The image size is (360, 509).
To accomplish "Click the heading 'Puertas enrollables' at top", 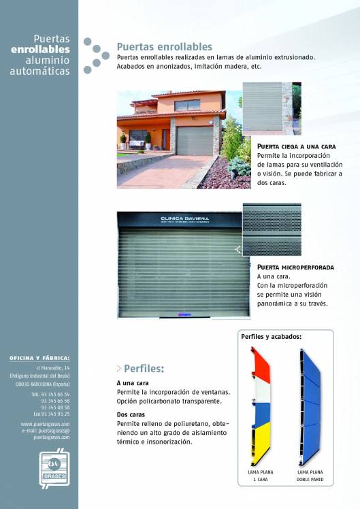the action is pyautogui.click(x=164, y=47).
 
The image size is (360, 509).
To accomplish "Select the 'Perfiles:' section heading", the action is pyautogui.click(x=144, y=369).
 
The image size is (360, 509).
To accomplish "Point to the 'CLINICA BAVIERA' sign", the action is pyautogui.click(x=180, y=219).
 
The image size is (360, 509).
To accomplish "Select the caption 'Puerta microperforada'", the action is pyautogui.click(x=293, y=268).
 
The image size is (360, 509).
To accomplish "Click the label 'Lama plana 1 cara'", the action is pyautogui.click(x=261, y=474).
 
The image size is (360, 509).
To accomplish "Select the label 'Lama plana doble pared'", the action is pyautogui.click(x=310, y=474).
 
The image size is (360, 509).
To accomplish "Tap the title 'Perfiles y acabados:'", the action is pyautogui.click(x=271, y=337).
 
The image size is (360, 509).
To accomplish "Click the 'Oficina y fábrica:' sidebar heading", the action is pyautogui.click(x=39, y=357).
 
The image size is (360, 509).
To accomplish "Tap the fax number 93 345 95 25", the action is pyautogui.click(x=51, y=413).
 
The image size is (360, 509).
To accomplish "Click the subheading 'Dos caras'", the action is pyautogui.click(x=131, y=414).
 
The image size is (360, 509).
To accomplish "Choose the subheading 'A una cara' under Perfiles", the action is pyautogui.click(x=133, y=383).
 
